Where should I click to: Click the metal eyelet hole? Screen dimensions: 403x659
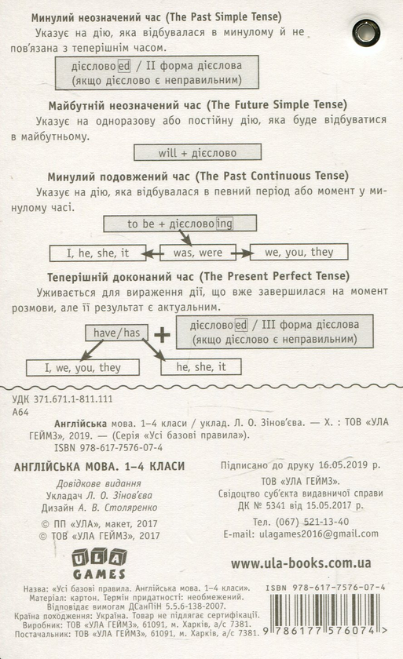(366, 32)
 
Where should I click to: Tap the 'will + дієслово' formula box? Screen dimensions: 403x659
(197, 152)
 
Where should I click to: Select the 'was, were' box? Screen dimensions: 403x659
(198, 253)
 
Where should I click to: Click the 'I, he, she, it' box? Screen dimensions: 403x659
(97, 253)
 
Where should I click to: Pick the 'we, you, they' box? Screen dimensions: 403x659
(299, 252)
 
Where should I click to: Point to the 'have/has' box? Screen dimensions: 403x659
(116, 333)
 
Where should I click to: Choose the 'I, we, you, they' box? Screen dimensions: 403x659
(82, 367)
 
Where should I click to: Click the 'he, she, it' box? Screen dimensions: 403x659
(200, 366)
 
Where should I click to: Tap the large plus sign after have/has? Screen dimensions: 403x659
(162, 335)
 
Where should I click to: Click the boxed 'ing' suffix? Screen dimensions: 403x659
(224, 223)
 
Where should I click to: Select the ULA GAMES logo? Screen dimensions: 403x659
(99, 563)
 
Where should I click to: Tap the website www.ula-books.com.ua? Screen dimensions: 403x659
(301, 563)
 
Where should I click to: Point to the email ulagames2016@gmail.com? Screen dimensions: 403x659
(319, 533)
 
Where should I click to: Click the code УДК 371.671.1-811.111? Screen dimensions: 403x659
(62, 399)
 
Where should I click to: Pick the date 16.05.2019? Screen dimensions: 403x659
(344, 464)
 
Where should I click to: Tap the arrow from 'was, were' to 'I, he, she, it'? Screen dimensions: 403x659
(152, 253)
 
